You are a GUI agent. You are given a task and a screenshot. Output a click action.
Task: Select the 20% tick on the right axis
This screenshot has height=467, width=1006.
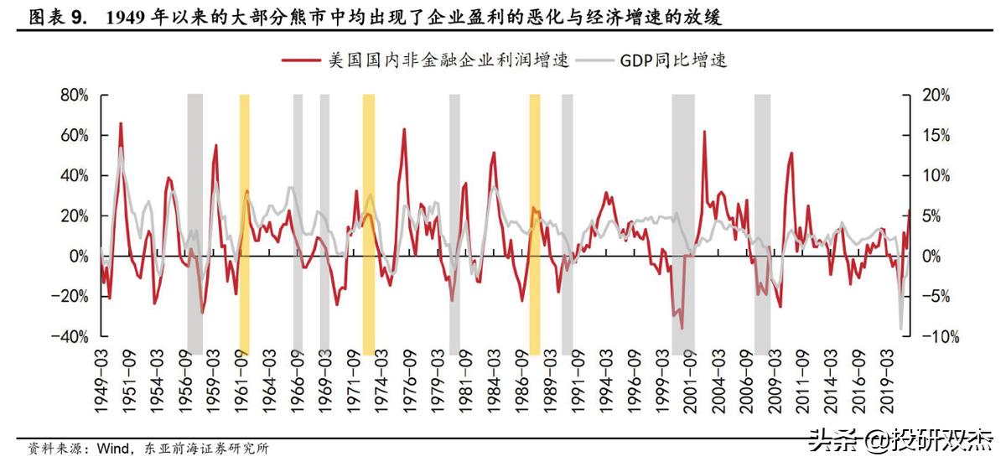(x=936, y=96)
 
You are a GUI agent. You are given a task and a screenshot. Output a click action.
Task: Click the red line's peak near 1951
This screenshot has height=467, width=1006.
(x=121, y=124)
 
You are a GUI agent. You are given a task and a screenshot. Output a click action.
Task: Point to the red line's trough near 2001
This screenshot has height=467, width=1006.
(x=682, y=328)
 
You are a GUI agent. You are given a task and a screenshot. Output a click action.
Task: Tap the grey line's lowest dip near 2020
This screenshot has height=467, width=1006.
(x=901, y=329)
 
